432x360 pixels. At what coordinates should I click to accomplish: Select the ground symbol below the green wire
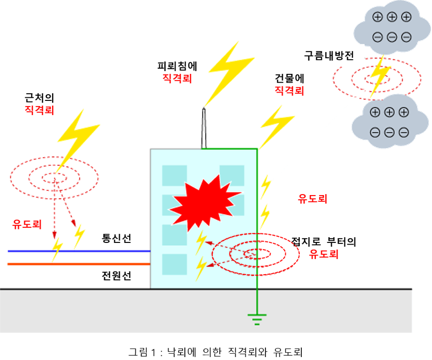tap(257, 318)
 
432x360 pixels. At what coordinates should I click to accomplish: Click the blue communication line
tap(78, 251)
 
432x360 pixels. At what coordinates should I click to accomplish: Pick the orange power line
tap(78, 264)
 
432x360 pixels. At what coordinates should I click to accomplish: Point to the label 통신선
tap(117, 239)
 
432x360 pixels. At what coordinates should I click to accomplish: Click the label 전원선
tap(117, 276)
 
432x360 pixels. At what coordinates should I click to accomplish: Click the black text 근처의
tap(39, 97)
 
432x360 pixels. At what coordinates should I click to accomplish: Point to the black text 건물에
tap(289, 79)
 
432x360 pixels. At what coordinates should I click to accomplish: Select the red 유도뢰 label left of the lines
tap(26, 225)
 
